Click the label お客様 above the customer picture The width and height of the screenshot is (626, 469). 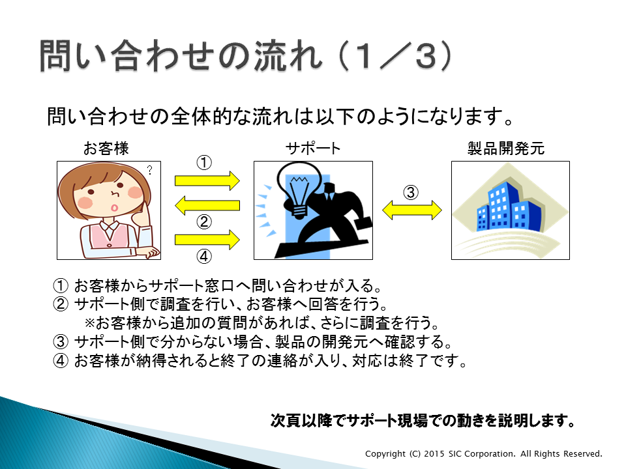(x=106, y=149)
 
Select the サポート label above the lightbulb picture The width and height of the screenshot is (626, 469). (x=313, y=149)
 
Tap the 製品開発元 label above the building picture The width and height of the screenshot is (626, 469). (x=506, y=149)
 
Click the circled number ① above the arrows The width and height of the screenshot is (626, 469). (x=204, y=163)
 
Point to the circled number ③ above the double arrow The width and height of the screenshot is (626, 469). (x=411, y=192)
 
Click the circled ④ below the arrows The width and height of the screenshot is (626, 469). (x=204, y=256)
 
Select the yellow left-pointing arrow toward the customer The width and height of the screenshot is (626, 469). (x=207, y=205)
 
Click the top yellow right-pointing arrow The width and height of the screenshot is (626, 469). (x=207, y=181)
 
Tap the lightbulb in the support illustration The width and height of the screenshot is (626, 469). (x=299, y=190)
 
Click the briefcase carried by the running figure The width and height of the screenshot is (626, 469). (x=363, y=223)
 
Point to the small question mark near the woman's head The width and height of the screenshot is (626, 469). (x=150, y=170)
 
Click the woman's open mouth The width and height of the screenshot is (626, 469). (x=114, y=208)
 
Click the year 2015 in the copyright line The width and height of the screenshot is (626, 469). (x=434, y=454)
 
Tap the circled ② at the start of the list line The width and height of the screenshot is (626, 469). (x=61, y=304)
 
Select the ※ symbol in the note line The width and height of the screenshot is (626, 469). (x=89, y=322)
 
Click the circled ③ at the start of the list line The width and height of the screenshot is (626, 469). (x=61, y=342)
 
